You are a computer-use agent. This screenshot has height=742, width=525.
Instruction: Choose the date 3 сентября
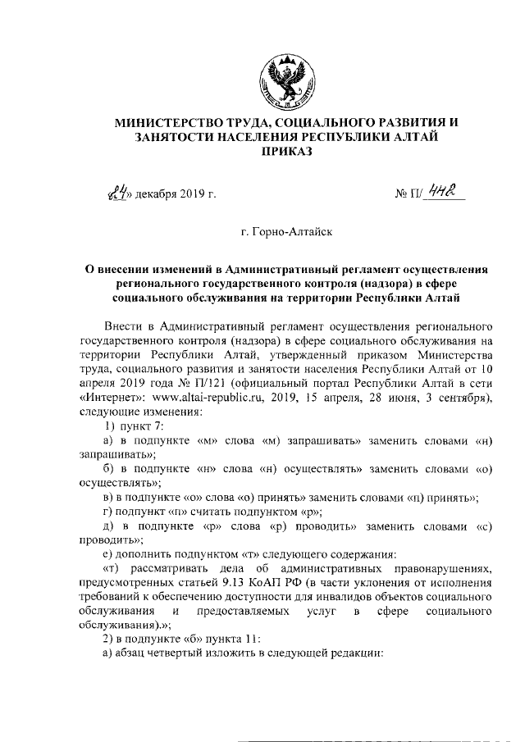point(459,398)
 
